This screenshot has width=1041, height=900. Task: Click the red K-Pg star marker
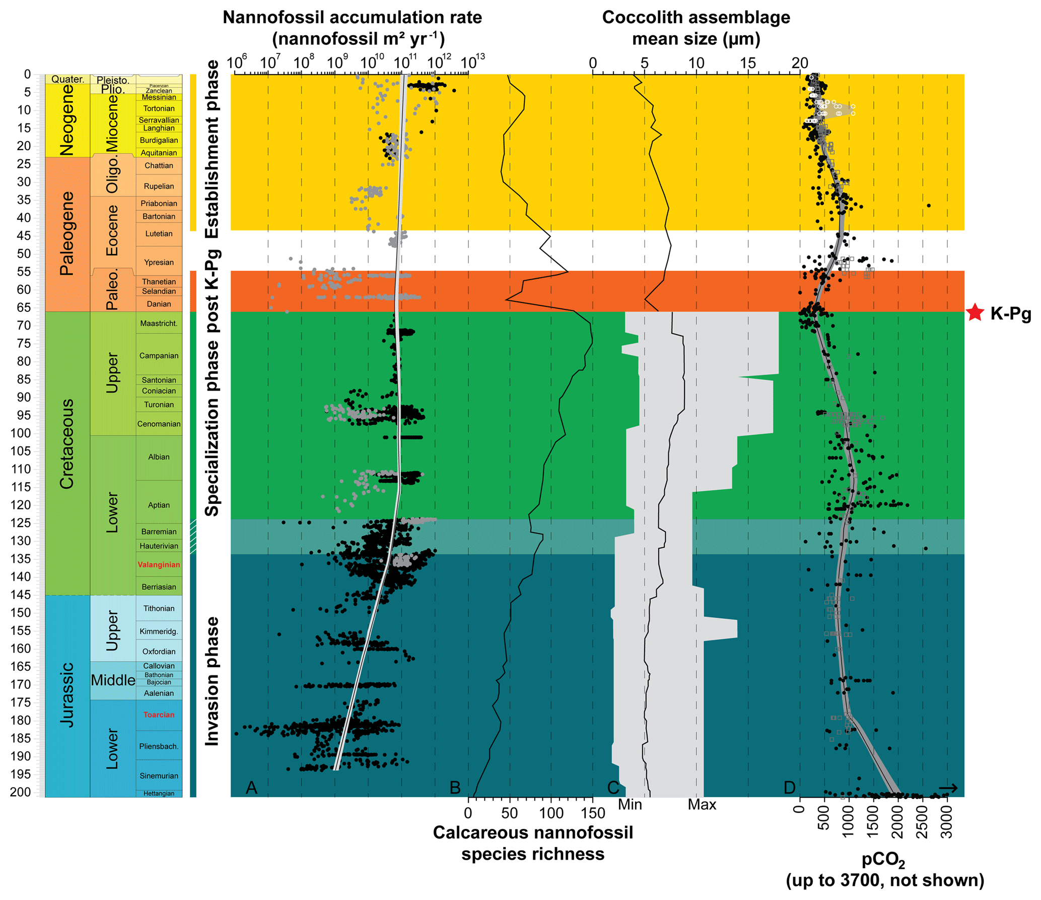click(975, 313)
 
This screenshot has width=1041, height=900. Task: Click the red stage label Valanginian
click(159, 564)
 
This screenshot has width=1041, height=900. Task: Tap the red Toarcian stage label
click(159, 715)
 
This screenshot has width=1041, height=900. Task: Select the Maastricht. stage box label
click(159, 324)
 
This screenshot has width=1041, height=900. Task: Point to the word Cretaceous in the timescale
click(67, 443)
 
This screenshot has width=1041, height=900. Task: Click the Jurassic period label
click(67, 694)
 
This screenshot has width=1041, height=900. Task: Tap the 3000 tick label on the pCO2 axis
click(947, 821)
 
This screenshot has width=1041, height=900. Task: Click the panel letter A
click(251, 788)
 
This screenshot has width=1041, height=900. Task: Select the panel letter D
click(789, 788)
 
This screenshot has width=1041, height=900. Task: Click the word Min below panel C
click(630, 805)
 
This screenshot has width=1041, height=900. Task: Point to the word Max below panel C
click(702, 805)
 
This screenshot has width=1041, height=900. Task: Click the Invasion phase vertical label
click(212, 681)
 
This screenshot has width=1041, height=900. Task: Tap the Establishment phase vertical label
click(212, 149)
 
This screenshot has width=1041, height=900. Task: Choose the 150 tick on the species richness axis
click(593, 813)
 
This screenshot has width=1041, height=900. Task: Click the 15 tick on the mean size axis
click(748, 63)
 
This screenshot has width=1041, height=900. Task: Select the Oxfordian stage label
click(159, 652)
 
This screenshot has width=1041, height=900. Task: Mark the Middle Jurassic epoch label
click(113, 680)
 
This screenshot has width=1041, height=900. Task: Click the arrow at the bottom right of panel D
click(948, 788)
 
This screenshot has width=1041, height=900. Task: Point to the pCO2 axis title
click(883, 860)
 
